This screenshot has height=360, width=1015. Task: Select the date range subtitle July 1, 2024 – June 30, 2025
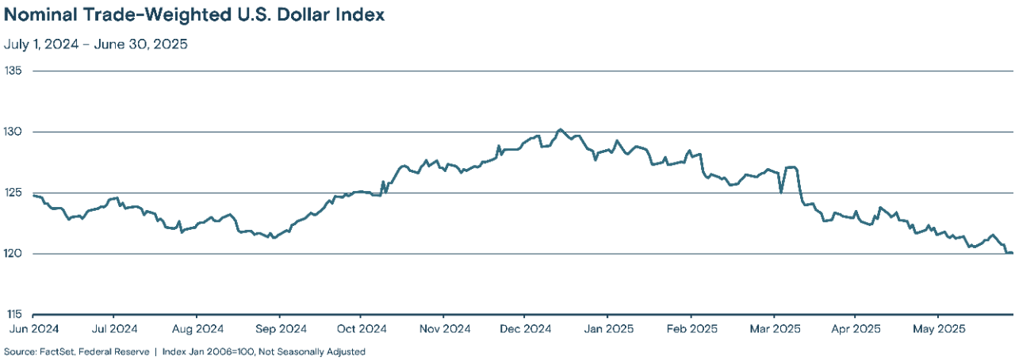pyautogui.click(x=96, y=44)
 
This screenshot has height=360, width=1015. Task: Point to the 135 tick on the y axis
pyautogui.click(x=15, y=71)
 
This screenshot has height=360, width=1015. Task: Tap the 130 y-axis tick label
pyautogui.click(x=15, y=132)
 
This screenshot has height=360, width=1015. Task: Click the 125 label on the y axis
pyautogui.click(x=15, y=193)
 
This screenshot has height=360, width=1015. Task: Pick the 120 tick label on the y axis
pyautogui.click(x=15, y=254)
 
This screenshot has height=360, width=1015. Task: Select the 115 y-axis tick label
pyautogui.click(x=15, y=315)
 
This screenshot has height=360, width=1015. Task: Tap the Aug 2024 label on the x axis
pyautogui.click(x=198, y=328)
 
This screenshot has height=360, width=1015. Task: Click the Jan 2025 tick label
pyautogui.click(x=608, y=328)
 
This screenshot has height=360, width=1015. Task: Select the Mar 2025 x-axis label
pyautogui.click(x=774, y=328)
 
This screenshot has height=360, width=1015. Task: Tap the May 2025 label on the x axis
pyautogui.click(x=937, y=328)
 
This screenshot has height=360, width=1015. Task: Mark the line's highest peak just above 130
pyautogui.click(x=560, y=129)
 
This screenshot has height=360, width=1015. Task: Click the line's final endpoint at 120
pyautogui.click(x=1013, y=253)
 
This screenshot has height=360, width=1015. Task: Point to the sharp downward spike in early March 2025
pyautogui.click(x=781, y=192)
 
